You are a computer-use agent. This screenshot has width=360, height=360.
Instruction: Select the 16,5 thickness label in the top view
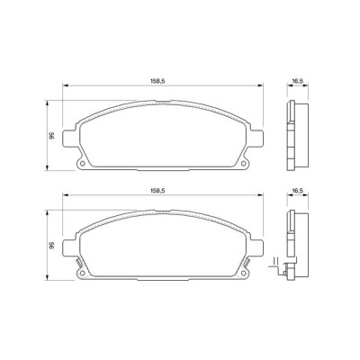[295, 80]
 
